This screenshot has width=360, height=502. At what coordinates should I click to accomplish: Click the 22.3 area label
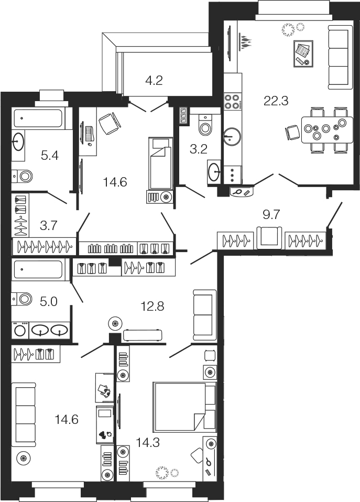point(276,101)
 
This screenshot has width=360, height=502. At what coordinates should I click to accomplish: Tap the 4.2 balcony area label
point(154,80)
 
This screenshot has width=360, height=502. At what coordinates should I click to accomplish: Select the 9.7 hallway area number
point(271,215)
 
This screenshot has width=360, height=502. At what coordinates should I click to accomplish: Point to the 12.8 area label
point(152,307)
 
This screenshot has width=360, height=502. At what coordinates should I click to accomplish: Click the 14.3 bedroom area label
point(148,443)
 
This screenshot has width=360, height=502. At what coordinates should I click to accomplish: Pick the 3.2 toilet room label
point(199,149)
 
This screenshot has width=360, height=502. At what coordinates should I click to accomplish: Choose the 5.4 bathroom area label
point(50,156)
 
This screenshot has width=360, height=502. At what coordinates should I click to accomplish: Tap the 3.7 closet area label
point(48,225)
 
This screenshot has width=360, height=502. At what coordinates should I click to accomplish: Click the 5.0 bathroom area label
point(49,302)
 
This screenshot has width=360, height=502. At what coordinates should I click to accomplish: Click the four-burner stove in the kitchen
point(233,101)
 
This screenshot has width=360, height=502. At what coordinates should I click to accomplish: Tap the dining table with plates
point(327,129)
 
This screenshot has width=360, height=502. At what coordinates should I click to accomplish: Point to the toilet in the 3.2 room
point(205,125)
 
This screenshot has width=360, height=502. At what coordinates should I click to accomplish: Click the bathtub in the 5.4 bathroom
point(38,118)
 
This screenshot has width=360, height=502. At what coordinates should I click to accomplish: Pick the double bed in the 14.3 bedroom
point(184,406)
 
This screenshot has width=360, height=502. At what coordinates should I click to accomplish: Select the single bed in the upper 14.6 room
point(160,163)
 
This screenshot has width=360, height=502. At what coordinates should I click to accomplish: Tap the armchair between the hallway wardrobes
point(269,237)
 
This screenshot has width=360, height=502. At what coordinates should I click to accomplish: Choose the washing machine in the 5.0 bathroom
point(20,331)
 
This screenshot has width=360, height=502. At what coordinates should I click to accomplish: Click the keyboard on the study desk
point(90,134)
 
